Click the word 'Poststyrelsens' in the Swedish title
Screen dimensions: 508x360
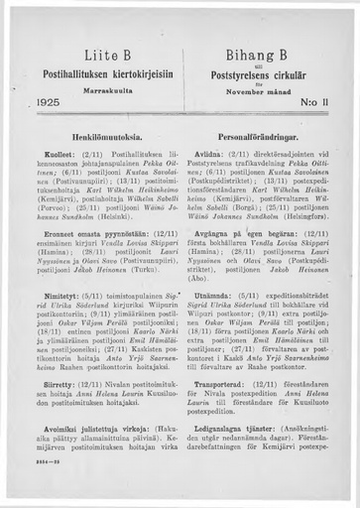pyautogui.click(x=238, y=70)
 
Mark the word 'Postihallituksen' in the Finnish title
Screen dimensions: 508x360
pyautogui.click(x=63, y=70)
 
